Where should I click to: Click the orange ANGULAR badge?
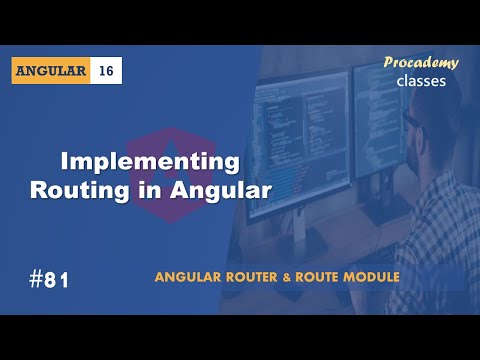click(x=52, y=71)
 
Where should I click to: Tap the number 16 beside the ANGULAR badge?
click(x=106, y=71)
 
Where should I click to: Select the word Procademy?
click(x=421, y=63)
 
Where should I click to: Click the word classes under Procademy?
click(x=421, y=81)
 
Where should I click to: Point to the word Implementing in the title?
click(x=151, y=162)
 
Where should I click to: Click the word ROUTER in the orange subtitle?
click(x=251, y=276)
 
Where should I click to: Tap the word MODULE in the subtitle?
click(x=367, y=276)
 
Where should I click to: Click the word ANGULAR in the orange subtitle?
click(x=191, y=276)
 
